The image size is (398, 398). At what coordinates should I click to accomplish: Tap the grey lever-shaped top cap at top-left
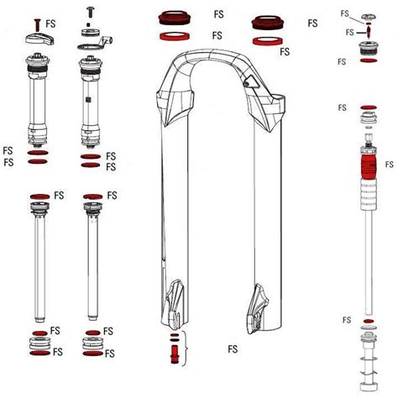click(x=39, y=34)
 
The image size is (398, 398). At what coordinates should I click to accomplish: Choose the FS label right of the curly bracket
click(x=233, y=346)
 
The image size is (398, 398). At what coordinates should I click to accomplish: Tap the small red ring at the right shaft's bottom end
click(x=367, y=322)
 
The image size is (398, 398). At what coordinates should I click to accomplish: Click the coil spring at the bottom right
click(x=367, y=369)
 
